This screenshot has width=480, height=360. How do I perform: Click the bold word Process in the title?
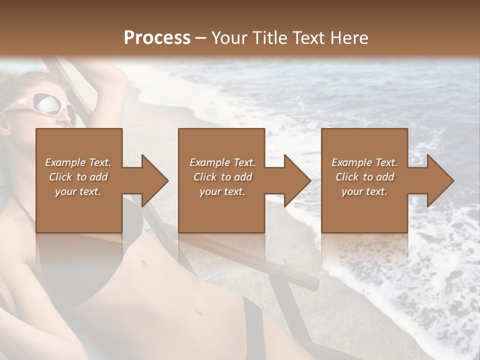click(157, 37)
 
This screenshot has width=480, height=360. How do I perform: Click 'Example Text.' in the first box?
click(78, 162)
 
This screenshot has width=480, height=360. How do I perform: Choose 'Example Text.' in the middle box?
click(222, 162)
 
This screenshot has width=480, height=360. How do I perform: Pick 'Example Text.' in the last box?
click(364, 162)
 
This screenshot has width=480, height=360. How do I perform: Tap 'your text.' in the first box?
click(78, 191)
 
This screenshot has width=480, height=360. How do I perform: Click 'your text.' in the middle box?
click(222, 191)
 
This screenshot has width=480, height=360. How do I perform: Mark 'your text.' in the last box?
click(364, 191)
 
